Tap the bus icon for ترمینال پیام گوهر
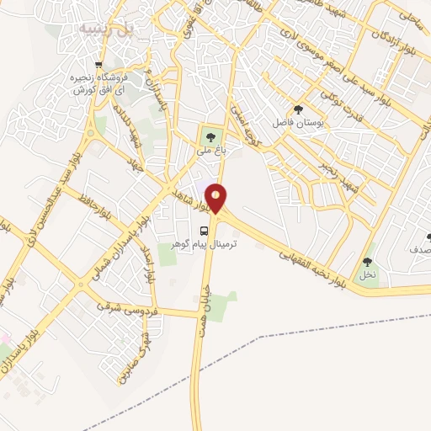[204, 230]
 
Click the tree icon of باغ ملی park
[210, 136]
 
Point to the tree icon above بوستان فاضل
[298, 109]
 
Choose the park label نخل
[367, 274]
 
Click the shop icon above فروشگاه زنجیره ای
[99, 65]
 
